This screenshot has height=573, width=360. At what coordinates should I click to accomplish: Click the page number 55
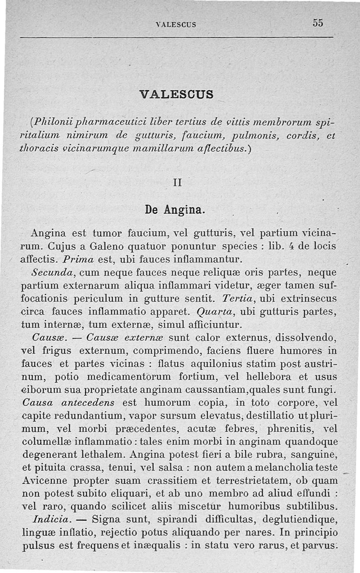(318, 23)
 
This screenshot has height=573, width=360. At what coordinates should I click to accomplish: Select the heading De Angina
(175, 209)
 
